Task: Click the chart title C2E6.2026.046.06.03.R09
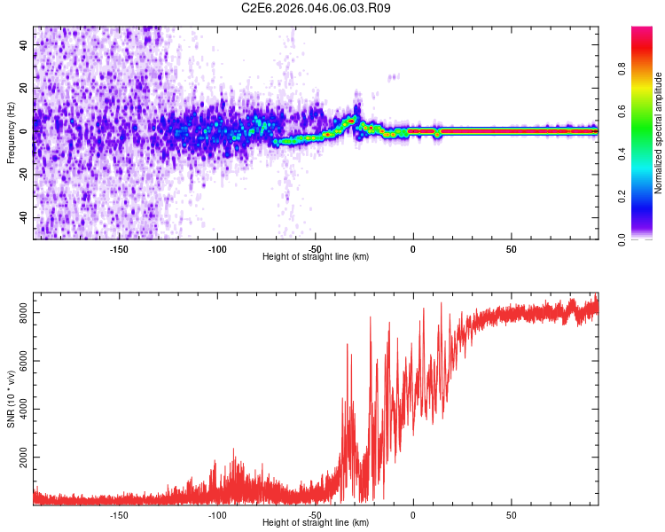[x=317, y=8]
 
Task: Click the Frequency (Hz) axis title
[x=11, y=132]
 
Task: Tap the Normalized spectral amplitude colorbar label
[x=659, y=133]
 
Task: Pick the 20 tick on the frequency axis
[x=24, y=87]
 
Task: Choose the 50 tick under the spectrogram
[x=512, y=248]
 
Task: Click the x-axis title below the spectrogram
[x=316, y=257]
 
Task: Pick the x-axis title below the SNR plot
[x=316, y=523]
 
